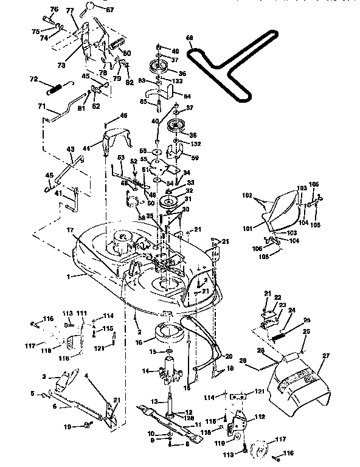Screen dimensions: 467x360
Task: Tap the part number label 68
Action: [190, 38]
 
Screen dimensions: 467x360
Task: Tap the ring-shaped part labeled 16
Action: [171, 334]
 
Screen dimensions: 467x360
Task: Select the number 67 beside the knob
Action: [109, 9]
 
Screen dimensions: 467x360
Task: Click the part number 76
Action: [54, 10]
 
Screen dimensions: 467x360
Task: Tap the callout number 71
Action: [42, 106]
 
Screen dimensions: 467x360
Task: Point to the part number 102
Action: [247, 196]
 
